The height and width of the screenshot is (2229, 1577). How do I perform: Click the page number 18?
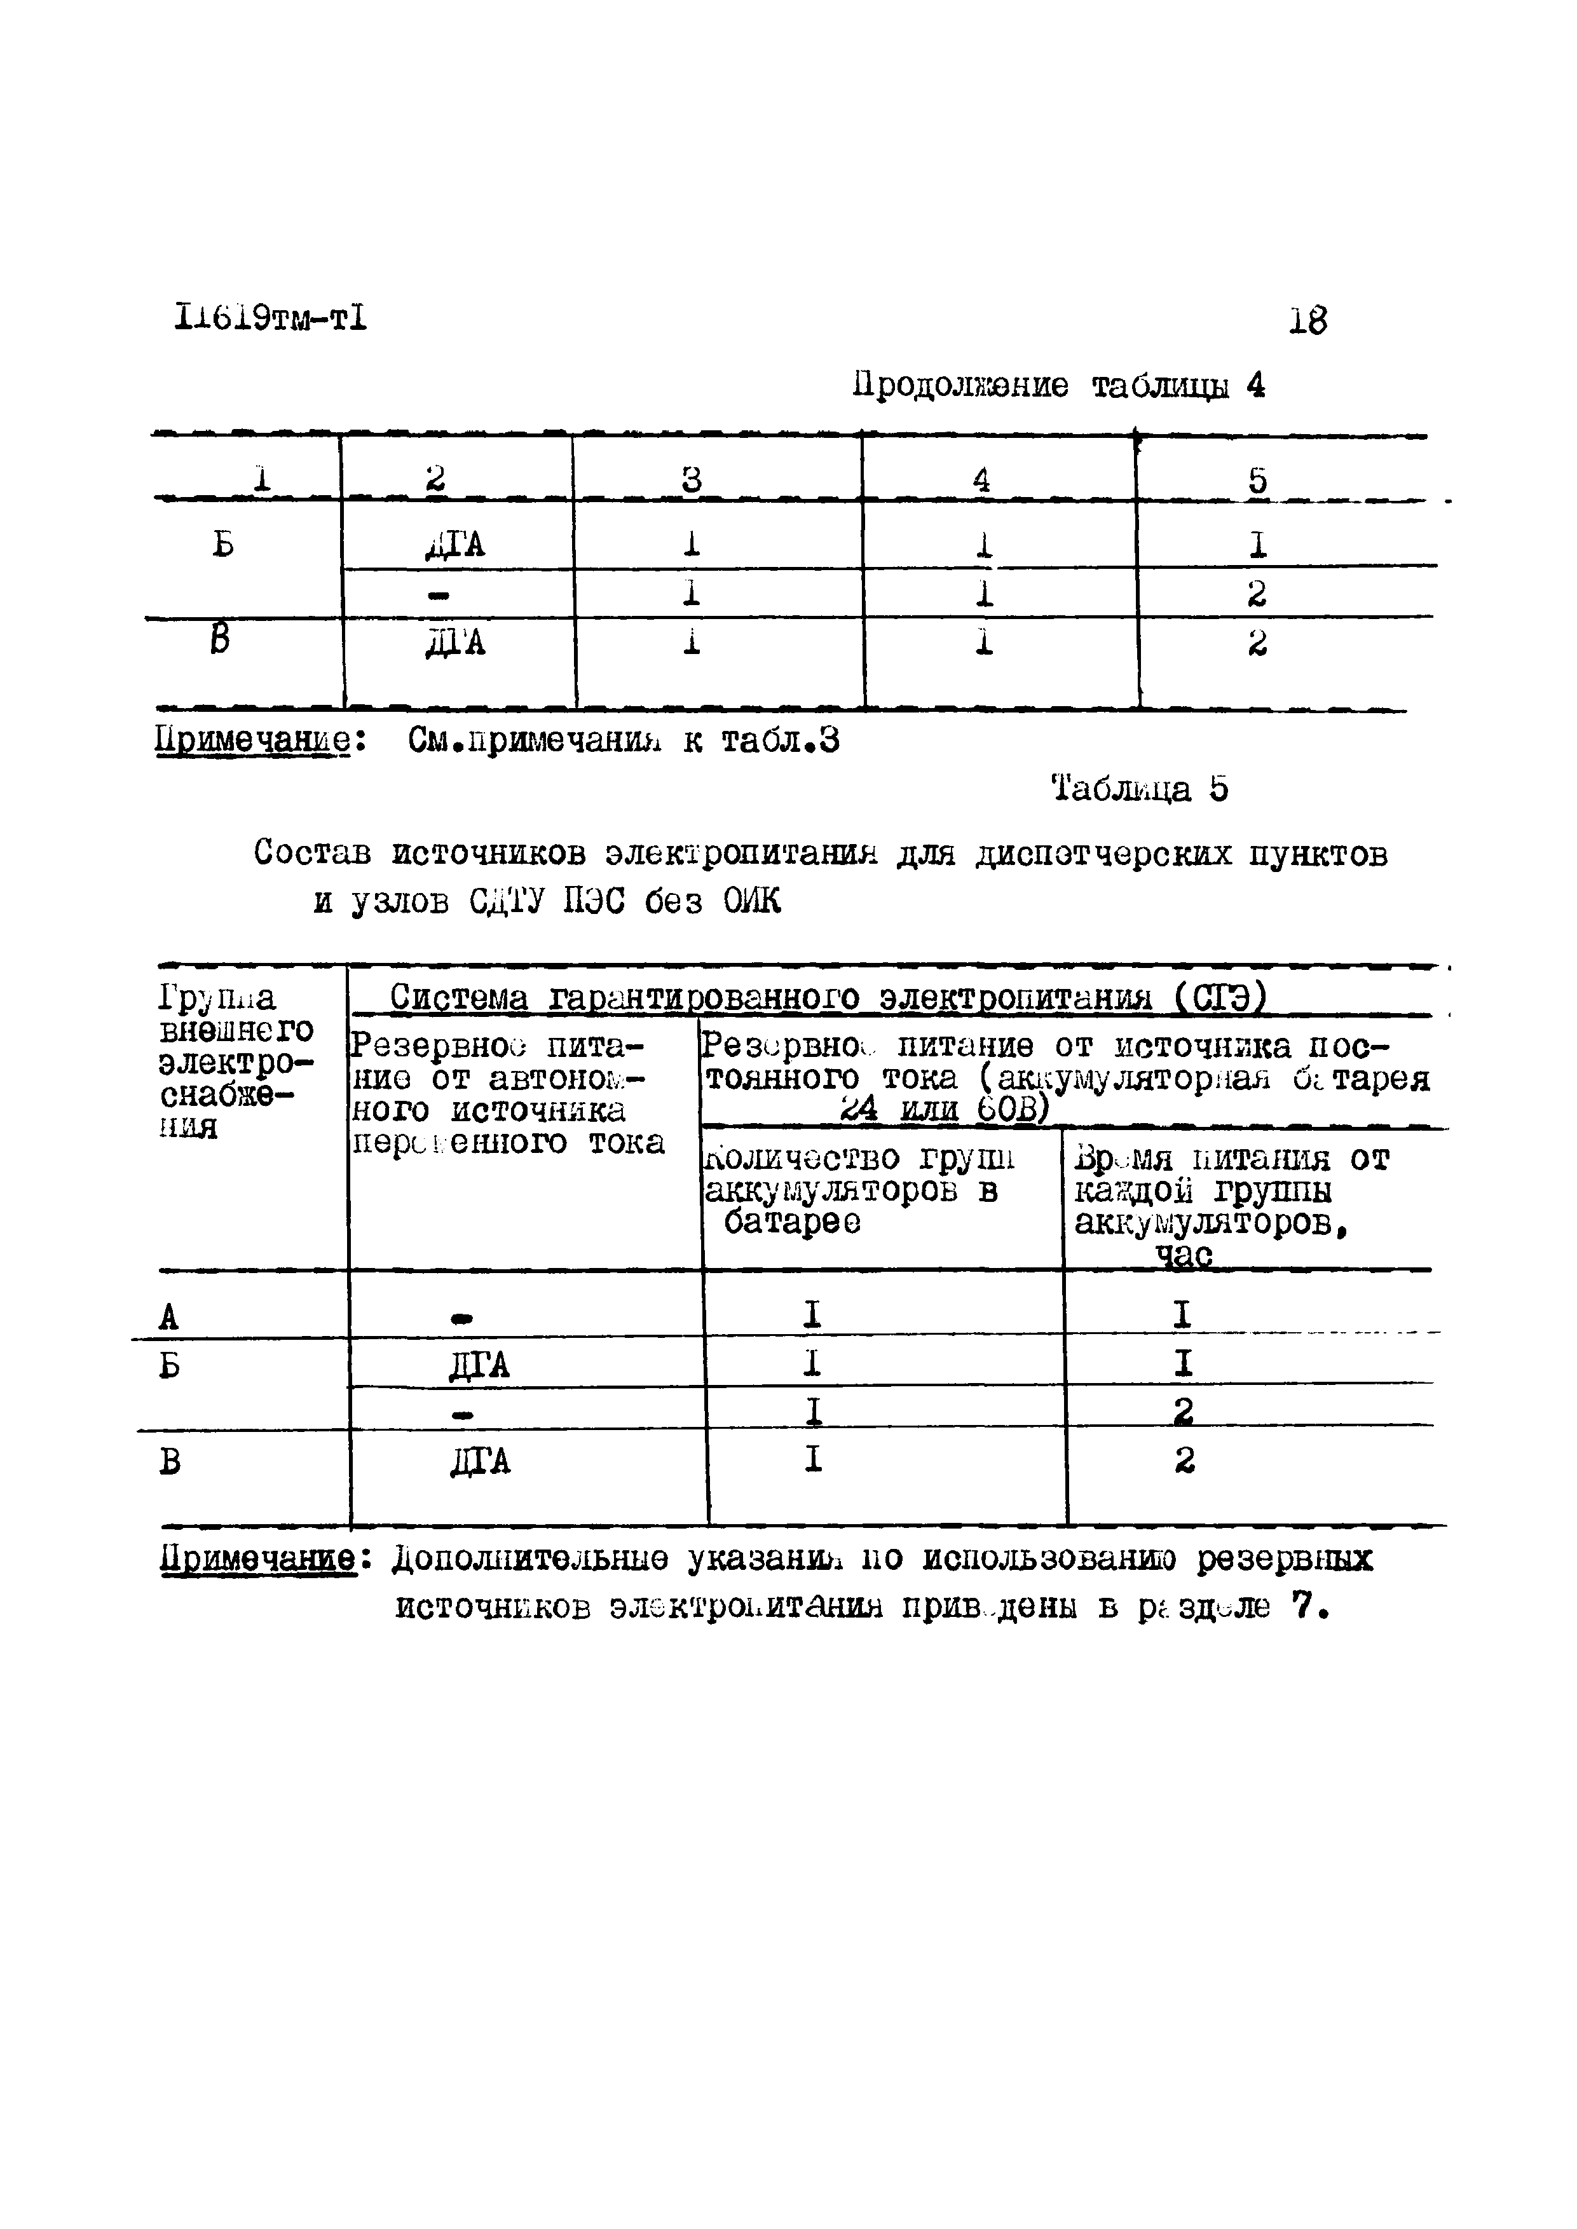[1307, 320]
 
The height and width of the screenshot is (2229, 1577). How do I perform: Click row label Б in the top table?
[223, 545]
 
